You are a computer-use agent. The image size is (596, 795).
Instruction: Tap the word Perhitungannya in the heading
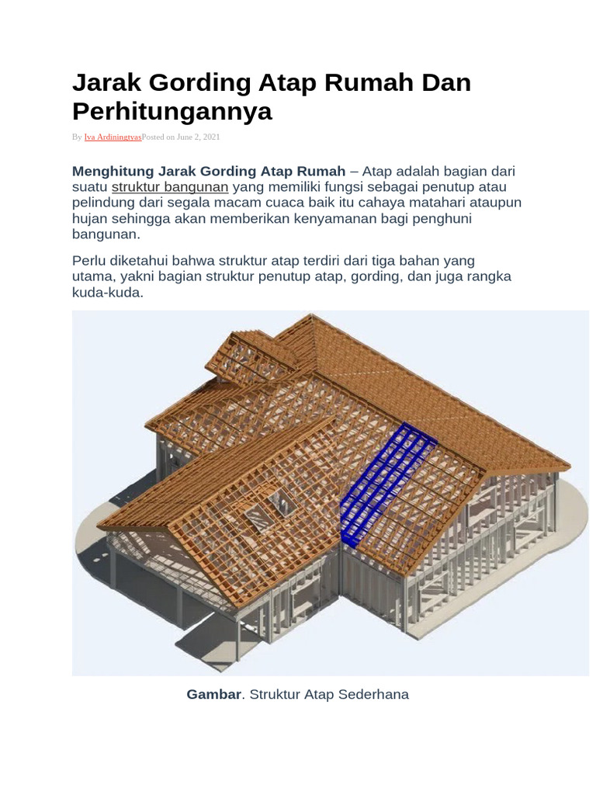tap(172, 111)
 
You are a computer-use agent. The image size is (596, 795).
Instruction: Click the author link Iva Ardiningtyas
tap(113, 137)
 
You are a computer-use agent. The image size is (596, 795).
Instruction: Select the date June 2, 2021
tap(199, 137)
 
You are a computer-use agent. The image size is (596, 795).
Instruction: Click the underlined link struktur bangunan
tap(170, 187)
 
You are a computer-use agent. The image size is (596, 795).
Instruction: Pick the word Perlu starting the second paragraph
tap(88, 260)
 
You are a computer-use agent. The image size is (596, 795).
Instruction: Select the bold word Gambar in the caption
tap(213, 694)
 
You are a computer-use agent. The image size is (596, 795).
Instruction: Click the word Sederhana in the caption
tap(370, 694)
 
